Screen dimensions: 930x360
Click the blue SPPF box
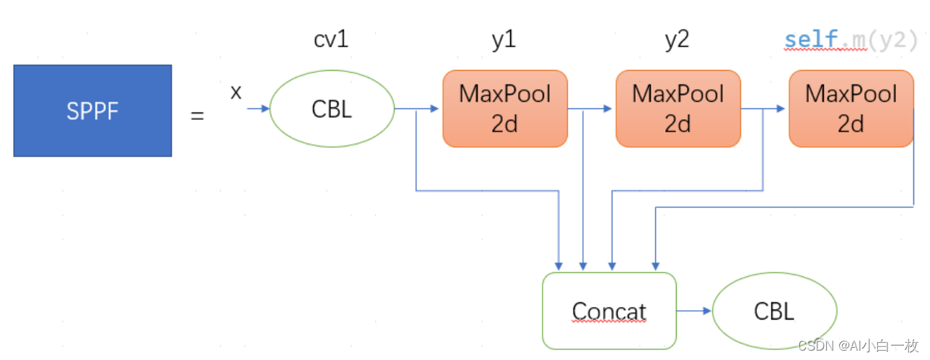(x=92, y=110)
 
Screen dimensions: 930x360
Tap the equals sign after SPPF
(x=197, y=115)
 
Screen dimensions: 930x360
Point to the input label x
(x=236, y=92)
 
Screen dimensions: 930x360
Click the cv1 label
(x=331, y=40)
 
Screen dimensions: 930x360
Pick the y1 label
(x=504, y=40)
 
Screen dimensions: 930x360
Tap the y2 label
(x=677, y=40)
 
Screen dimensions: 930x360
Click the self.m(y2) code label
(x=851, y=40)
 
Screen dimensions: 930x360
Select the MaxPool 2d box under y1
(x=505, y=109)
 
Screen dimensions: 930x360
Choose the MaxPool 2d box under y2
(x=678, y=109)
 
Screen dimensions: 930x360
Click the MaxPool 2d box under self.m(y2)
(x=851, y=109)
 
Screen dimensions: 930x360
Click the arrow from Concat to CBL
(x=694, y=311)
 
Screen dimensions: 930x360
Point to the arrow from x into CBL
(x=258, y=109)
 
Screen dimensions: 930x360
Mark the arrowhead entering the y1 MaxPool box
(x=434, y=109)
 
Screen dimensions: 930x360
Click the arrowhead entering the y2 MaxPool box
(x=607, y=109)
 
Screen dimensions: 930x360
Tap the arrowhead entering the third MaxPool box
(x=781, y=109)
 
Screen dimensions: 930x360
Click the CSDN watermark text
(x=858, y=346)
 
